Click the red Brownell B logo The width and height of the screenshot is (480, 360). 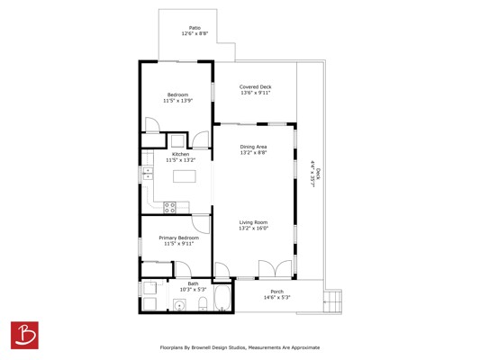(x=24, y=335)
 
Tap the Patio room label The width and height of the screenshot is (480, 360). (x=195, y=28)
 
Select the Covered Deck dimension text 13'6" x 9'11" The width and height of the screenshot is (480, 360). (x=255, y=93)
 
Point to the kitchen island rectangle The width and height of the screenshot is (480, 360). (x=185, y=176)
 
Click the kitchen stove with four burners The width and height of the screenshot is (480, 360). (x=169, y=207)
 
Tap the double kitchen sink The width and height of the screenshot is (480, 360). (x=148, y=174)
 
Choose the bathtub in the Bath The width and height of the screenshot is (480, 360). (x=222, y=297)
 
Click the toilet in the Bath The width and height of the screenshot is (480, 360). (x=203, y=303)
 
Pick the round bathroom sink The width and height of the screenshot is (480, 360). (x=180, y=305)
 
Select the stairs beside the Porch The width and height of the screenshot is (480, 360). (x=332, y=301)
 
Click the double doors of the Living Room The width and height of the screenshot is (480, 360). (x=276, y=269)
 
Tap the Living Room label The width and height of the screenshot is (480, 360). (x=253, y=222)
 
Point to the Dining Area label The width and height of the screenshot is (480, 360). (x=253, y=147)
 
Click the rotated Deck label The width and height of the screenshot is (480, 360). (x=318, y=174)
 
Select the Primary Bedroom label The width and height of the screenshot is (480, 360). (x=179, y=238)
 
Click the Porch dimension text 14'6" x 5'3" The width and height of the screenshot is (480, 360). (x=277, y=298)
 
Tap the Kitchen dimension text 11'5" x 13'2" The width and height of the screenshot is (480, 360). (x=181, y=160)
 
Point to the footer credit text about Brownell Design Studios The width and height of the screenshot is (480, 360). (x=240, y=347)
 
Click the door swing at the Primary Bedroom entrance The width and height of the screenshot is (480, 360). (x=201, y=224)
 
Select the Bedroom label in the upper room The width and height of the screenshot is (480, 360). (x=177, y=94)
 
